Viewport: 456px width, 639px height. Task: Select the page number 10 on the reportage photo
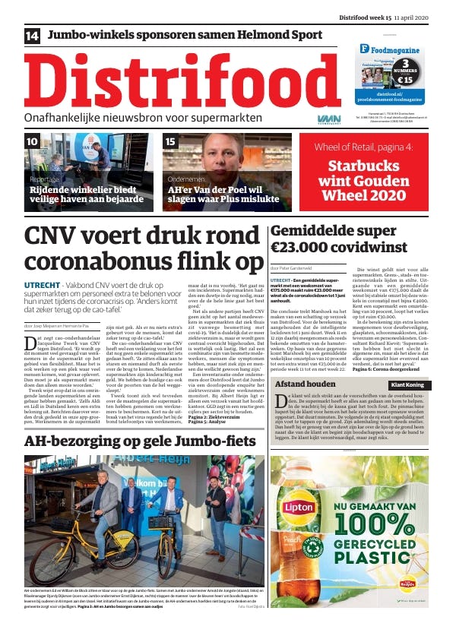point(33,141)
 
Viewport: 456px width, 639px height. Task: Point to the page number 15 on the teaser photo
point(170,141)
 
